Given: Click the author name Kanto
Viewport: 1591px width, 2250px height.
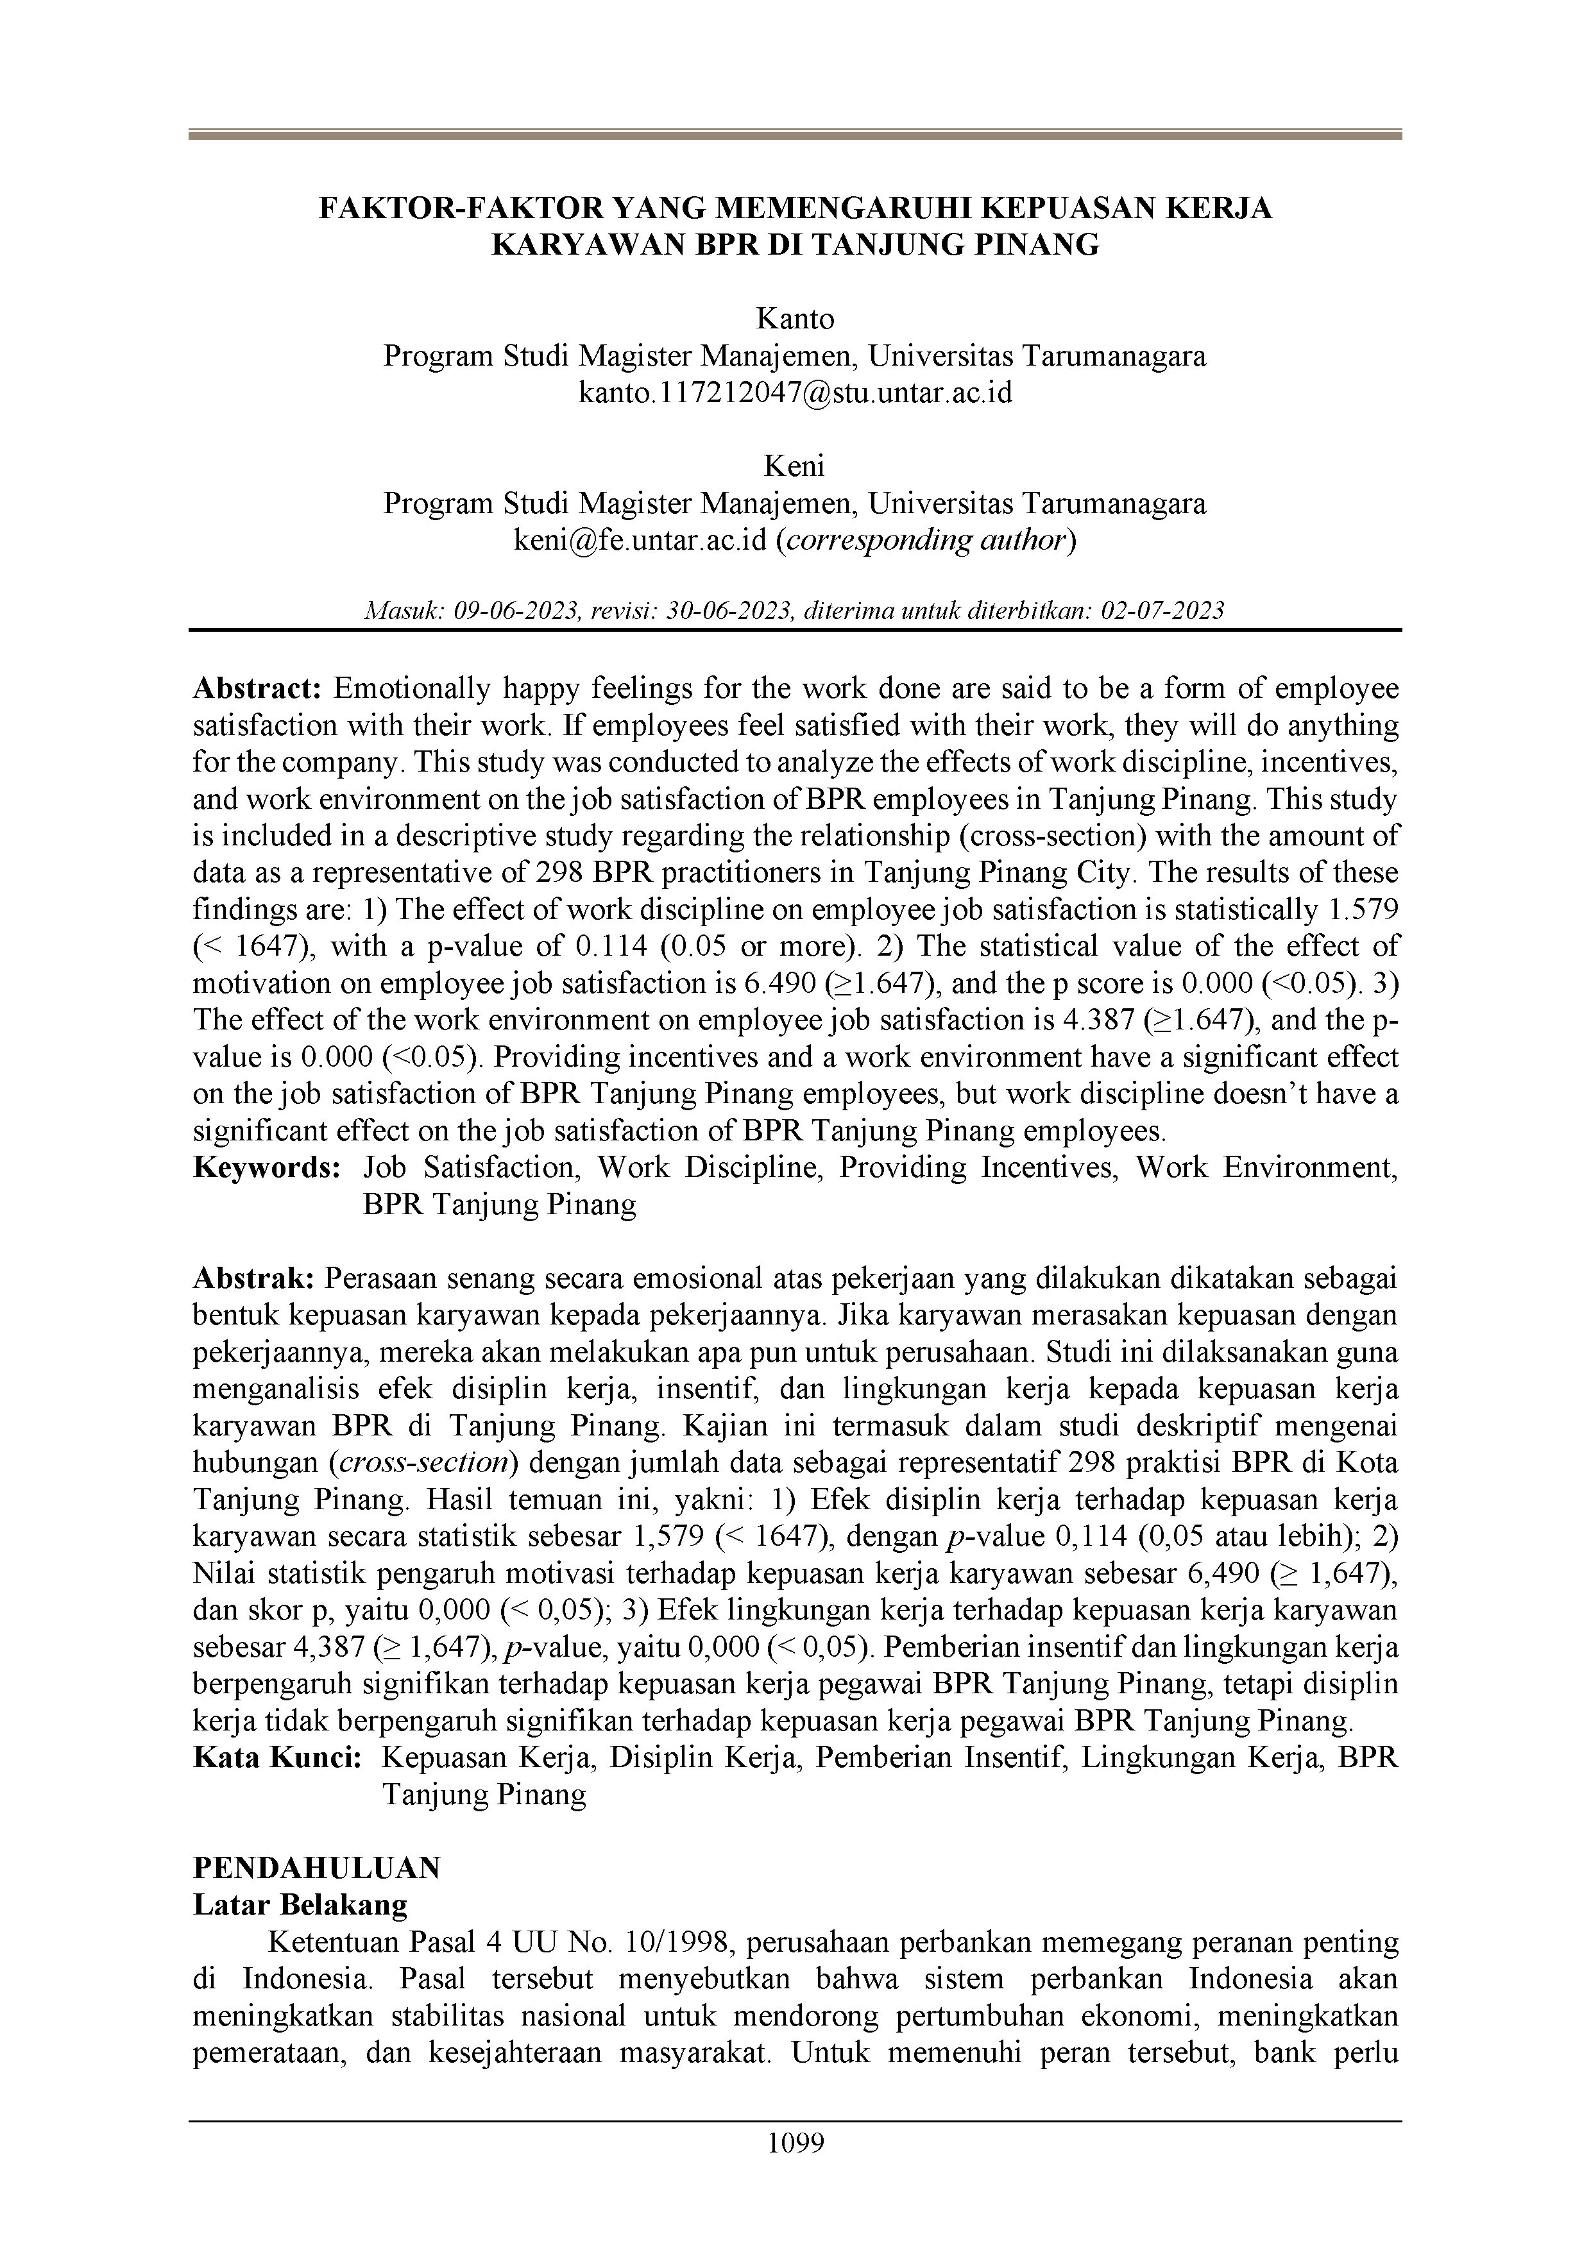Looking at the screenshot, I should tap(795, 319).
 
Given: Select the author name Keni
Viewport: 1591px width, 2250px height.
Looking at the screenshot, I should tap(795, 466).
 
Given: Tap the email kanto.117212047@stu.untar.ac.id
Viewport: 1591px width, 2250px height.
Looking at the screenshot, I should tap(795, 393).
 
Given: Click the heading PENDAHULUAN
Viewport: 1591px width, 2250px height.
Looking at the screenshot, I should tap(317, 1869).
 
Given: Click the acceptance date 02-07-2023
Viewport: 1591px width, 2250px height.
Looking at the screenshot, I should tap(1162, 611).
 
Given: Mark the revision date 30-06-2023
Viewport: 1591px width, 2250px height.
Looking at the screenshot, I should tap(728, 611).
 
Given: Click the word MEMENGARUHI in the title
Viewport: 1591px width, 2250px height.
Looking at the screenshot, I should tap(845, 208).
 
